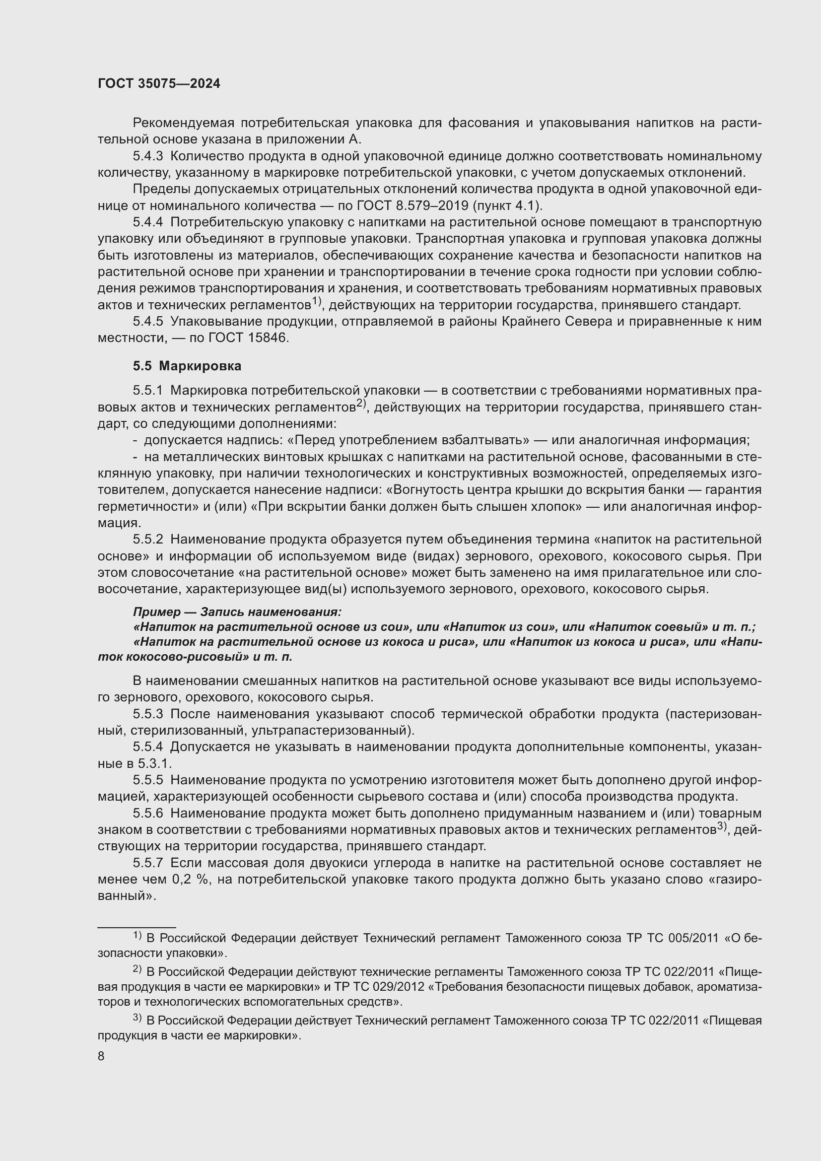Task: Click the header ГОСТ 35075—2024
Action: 159,84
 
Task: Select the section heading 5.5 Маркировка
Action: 187,366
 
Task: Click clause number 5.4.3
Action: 147,156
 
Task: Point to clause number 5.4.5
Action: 147,322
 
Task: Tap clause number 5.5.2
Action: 147,540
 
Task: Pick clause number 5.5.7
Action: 147,863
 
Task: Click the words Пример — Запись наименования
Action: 237,612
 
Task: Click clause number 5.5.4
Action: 147,747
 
